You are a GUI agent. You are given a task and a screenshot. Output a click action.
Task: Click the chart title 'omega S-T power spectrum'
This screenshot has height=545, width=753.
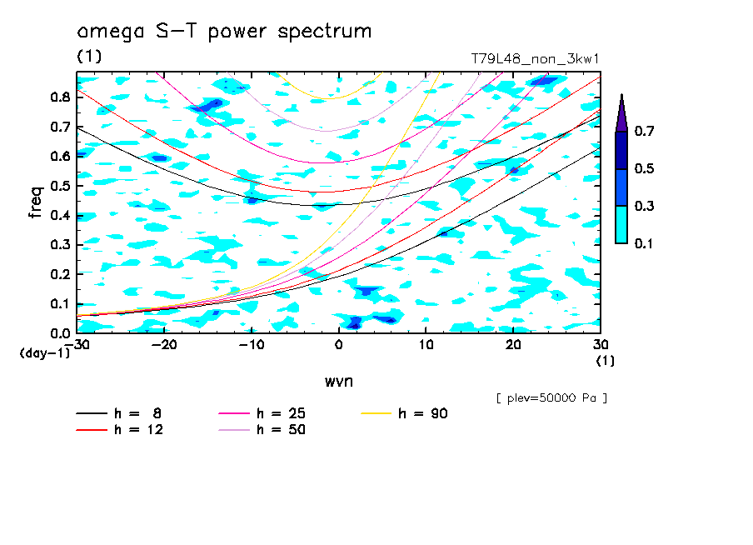(x=224, y=32)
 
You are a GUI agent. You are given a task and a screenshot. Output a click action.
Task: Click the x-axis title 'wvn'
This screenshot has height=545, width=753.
(x=338, y=381)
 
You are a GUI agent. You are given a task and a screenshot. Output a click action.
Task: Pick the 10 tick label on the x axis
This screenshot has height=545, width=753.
(x=426, y=345)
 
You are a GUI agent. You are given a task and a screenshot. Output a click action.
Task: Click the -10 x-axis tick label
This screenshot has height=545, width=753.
(x=251, y=345)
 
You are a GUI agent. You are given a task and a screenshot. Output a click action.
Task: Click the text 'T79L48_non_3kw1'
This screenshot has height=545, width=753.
(x=535, y=59)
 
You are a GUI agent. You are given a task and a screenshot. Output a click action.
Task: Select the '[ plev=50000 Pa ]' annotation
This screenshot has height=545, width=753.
(x=551, y=398)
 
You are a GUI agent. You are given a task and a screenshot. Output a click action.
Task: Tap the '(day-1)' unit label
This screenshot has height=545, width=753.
(x=45, y=353)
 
